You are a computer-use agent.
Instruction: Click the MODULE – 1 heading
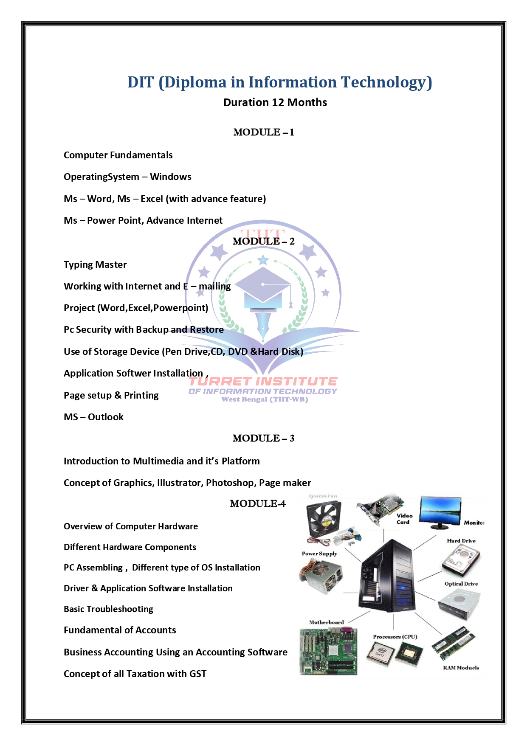tap(263, 132)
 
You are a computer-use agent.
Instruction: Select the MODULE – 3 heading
tap(263, 439)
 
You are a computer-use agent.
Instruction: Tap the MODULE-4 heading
tap(258, 504)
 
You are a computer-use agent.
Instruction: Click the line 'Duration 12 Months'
tap(275, 103)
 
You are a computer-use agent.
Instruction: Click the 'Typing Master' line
tap(95, 265)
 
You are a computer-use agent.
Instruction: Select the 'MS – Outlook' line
tap(93, 417)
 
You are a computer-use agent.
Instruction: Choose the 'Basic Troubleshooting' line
tap(108, 609)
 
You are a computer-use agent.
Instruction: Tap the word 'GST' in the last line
tap(197, 674)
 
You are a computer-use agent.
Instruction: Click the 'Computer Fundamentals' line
tap(118, 155)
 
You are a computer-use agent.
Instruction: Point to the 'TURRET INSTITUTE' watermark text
tap(263, 381)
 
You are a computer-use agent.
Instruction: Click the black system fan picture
tap(324, 518)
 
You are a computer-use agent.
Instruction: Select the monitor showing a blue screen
tap(440, 512)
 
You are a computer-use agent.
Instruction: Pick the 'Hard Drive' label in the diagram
tap(461, 541)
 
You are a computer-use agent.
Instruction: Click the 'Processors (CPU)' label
tap(395, 637)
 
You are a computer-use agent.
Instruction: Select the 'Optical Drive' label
tap(461, 584)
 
